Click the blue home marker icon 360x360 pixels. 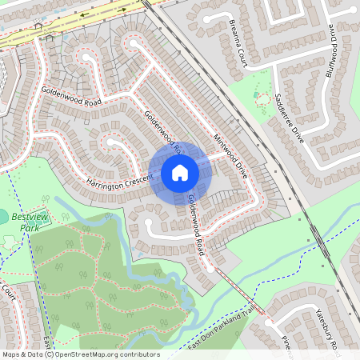click(x=180, y=173)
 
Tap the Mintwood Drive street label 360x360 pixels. click(x=230, y=155)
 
